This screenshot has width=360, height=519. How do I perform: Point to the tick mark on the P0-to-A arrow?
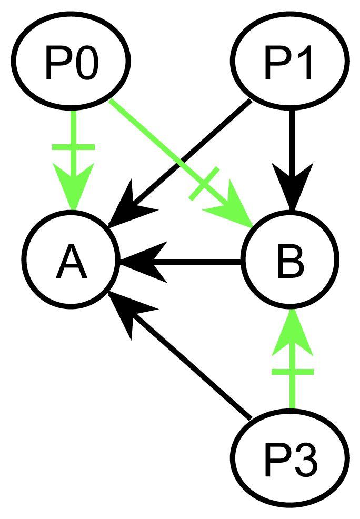73,148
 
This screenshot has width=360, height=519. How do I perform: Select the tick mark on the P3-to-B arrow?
292,372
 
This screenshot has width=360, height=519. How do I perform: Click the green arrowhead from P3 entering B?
292,332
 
